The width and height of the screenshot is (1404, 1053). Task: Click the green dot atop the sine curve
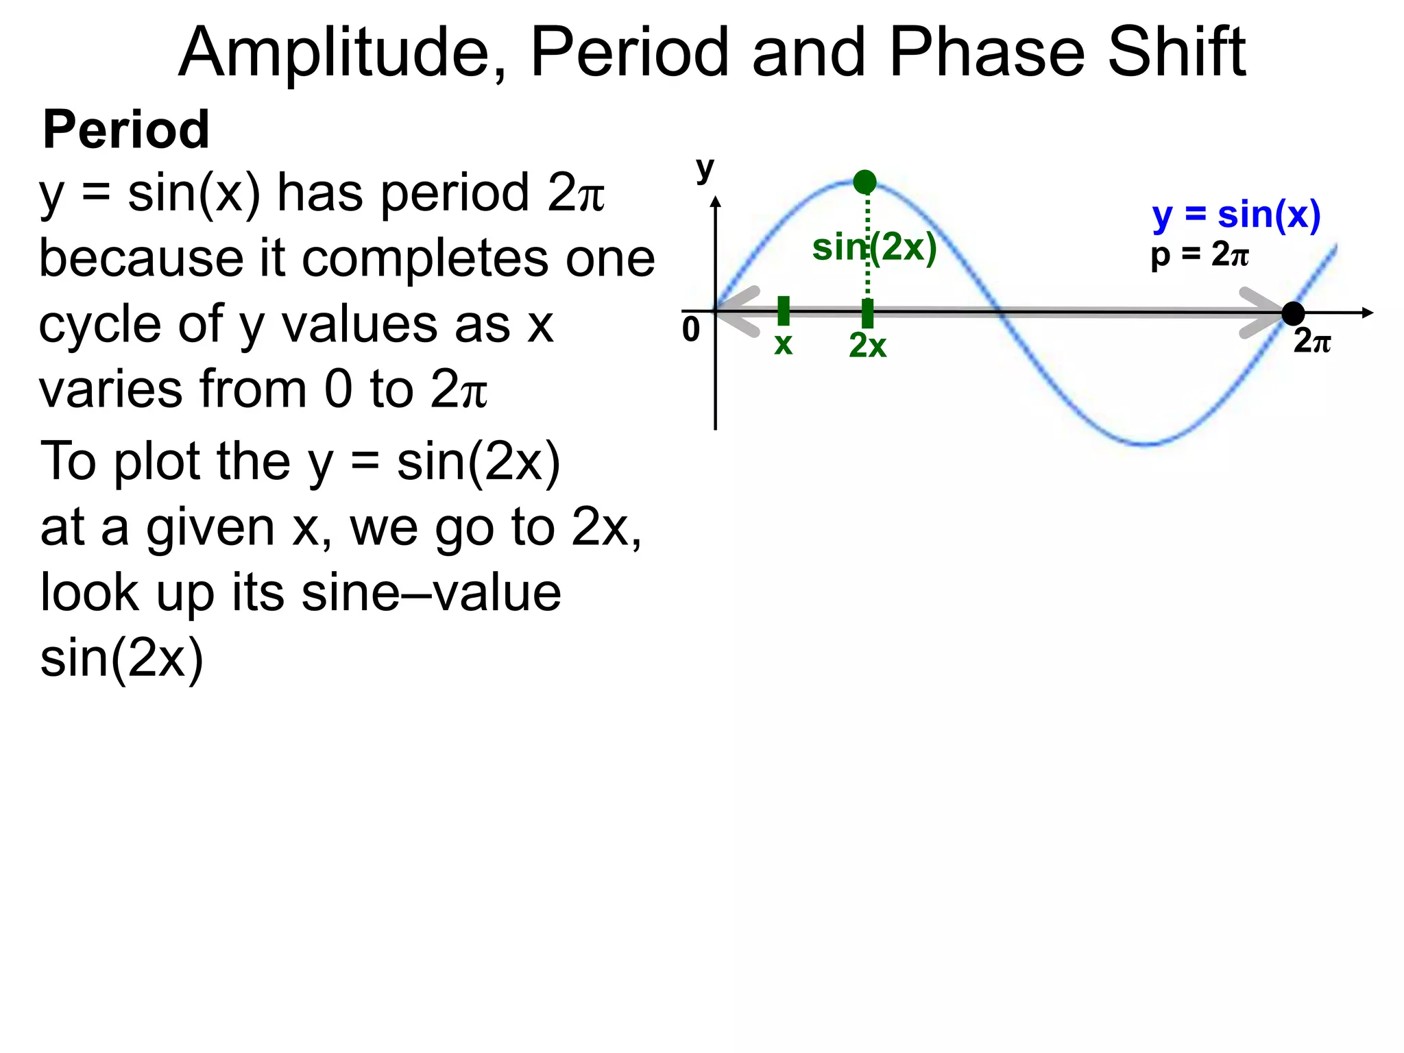[864, 182]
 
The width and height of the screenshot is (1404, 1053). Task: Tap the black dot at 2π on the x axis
[1293, 313]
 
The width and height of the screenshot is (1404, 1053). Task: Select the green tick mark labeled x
[784, 311]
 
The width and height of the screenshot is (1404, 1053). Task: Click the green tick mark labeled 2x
[867, 313]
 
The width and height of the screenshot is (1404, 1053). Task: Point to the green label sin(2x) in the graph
[874, 247]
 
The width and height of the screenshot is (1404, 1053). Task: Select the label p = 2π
[1200, 255]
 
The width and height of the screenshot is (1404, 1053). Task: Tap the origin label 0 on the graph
[691, 330]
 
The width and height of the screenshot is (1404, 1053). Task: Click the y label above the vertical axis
[705, 168]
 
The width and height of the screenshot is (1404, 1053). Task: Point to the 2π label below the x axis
[1312, 341]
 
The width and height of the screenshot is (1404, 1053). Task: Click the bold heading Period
[126, 130]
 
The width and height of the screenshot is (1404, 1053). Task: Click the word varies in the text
[110, 389]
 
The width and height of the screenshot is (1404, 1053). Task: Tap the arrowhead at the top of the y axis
[716, 202]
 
